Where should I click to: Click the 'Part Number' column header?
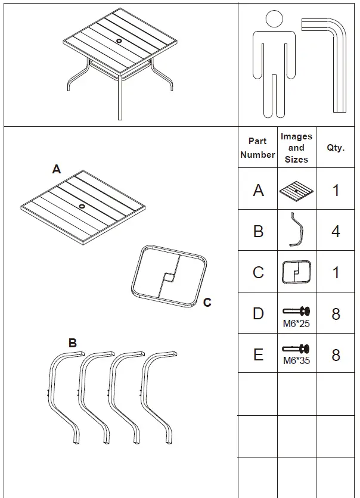coord(257,148)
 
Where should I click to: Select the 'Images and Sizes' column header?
coord(296,148)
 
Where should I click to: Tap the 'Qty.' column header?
coord(336,148)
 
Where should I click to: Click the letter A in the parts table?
coord(258,190)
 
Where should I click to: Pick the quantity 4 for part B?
coord(336,231)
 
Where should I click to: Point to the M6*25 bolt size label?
coord(296,325)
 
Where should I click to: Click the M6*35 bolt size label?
coord(296,360)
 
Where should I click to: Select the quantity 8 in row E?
coord(336,355)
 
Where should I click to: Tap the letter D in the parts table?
coord(258,313)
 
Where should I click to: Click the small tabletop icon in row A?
coord(296,191)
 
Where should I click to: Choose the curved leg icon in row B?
coord(296,230)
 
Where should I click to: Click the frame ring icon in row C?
coord(296,272)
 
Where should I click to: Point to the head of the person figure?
coord(274,19)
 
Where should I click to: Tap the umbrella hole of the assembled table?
coord(119,41)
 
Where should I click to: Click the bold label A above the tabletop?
coord(57,170)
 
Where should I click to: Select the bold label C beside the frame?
coord(207,303)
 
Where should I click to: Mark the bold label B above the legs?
coord(72,343)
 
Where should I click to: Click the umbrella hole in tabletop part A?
coord(82,206)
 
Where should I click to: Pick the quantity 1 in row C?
coord(336,272)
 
